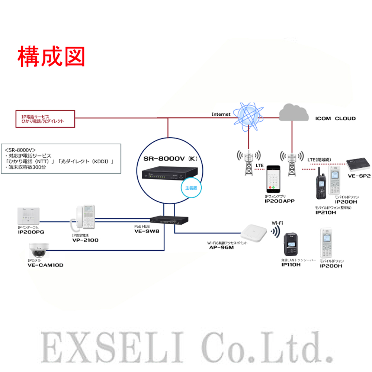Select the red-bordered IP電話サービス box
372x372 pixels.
[45, 119]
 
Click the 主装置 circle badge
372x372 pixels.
[191, 188]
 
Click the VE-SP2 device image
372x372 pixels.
[358, 164]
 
